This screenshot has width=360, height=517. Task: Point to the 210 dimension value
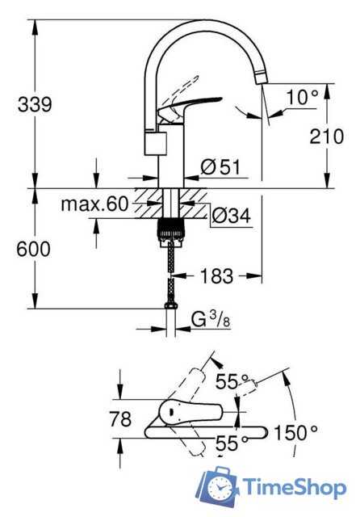[x=326, y=137]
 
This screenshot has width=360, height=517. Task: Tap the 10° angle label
[x=303, y=97]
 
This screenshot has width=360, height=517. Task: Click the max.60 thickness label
[x=94, y=204]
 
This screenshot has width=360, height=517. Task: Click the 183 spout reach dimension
[x=216, y=276]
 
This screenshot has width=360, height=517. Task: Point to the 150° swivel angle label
[x=296, y=431]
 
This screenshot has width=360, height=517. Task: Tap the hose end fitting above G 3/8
[x=170, y=305]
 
